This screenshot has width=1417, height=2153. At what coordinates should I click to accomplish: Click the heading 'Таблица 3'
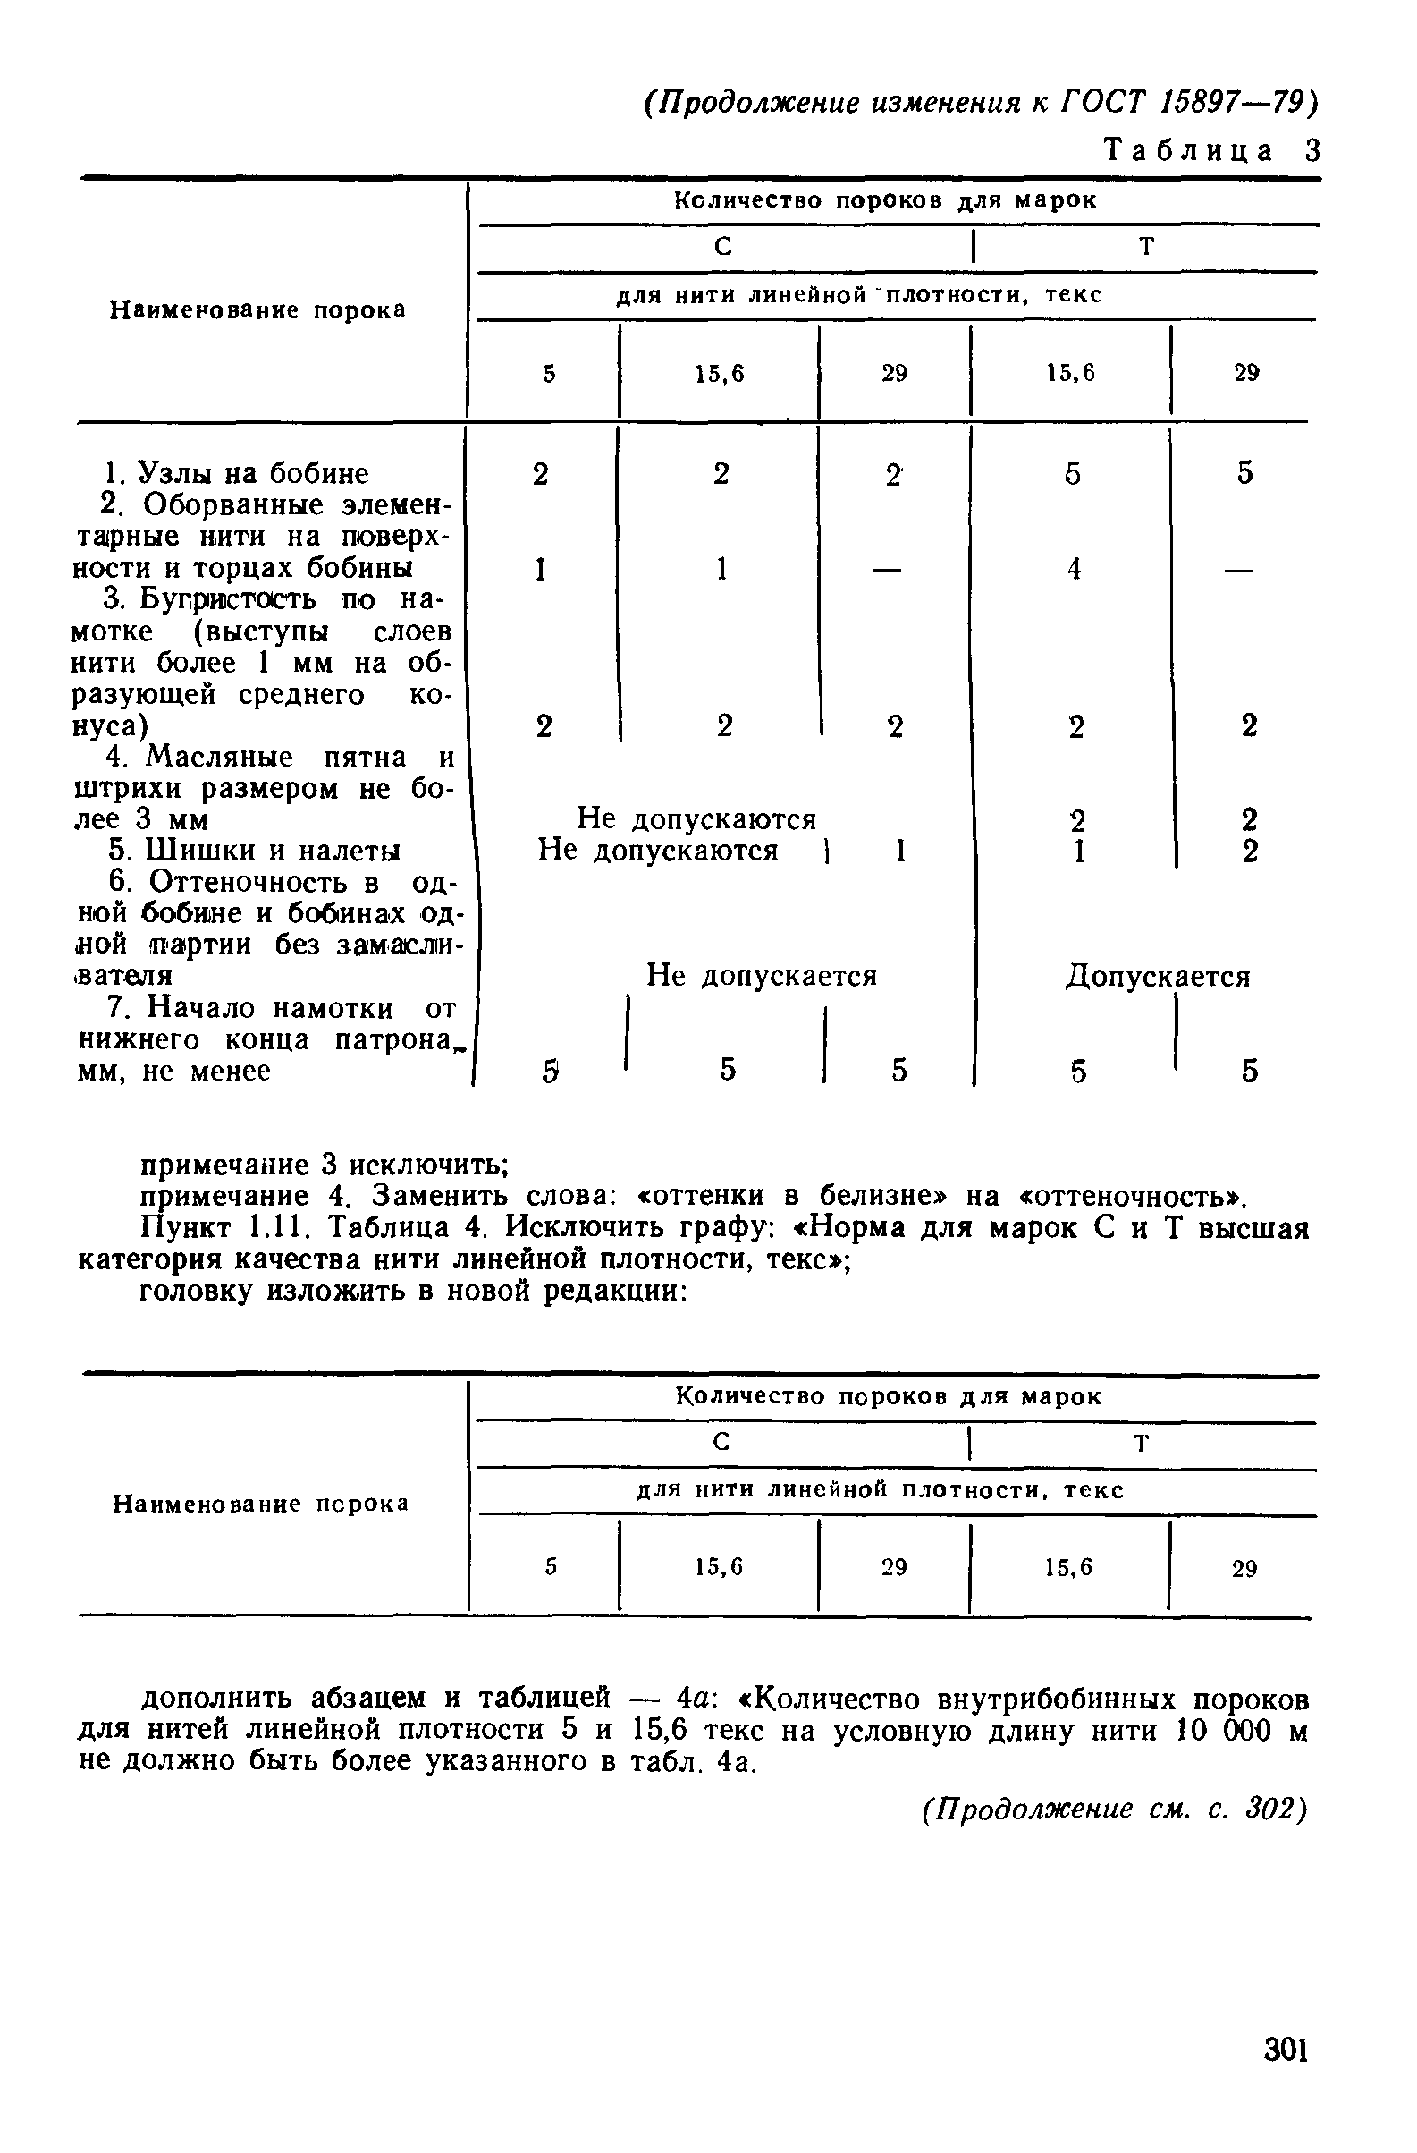click(1211, 150)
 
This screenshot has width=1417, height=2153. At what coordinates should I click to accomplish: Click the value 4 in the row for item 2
click(1074, 569)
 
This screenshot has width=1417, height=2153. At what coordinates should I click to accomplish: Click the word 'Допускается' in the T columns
click(1158, 976)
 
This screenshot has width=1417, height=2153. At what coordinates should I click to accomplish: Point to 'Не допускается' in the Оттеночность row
click(762, 975)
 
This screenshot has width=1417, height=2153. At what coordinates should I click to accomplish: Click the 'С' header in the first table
click(722, 247)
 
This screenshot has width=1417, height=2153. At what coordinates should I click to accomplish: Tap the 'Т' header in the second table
click(1141, 1443)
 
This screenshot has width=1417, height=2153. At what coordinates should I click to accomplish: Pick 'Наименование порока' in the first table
click(257, 310)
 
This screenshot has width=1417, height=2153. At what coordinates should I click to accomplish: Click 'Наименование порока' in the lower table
click(260, 1504)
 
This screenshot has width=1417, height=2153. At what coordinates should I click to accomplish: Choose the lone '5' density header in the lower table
click(550, 1567)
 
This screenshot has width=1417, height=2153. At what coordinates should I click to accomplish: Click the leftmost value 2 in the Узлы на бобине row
click(540, 473)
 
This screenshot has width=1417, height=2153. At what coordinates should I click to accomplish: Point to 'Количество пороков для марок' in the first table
click(885, 201)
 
